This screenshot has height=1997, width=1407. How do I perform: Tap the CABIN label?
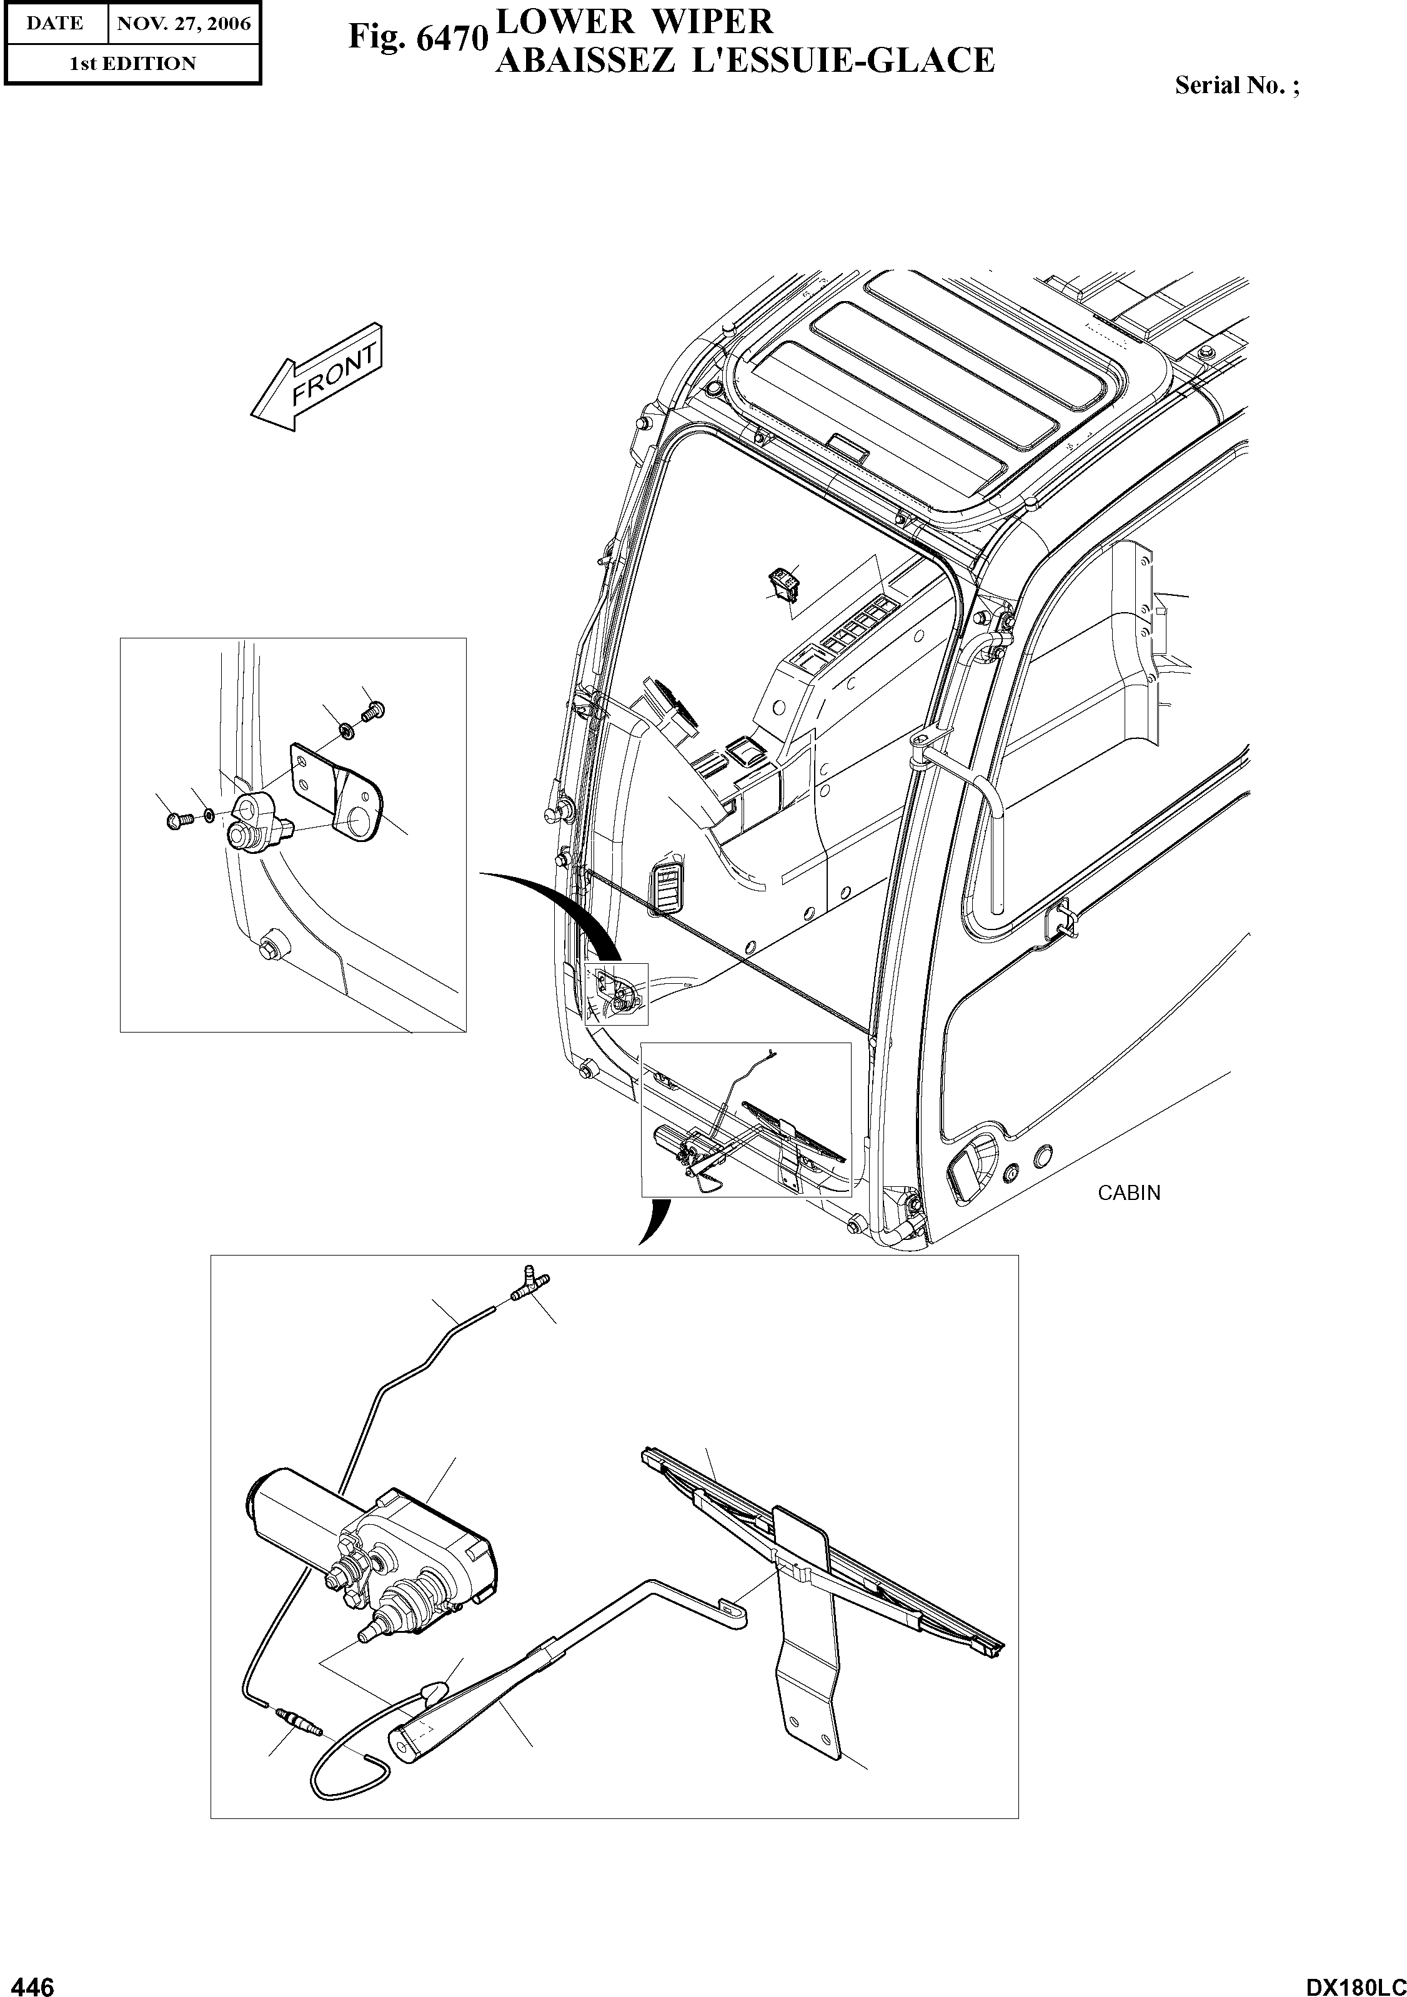coord(1128,1192)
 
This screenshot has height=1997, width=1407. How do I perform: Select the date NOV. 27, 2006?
coord(184,24)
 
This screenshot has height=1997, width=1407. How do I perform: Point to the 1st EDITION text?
coord(132,64)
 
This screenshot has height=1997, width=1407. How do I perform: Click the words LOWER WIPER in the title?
coord(634,21)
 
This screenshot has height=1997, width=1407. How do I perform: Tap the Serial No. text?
coord(1236,85)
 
